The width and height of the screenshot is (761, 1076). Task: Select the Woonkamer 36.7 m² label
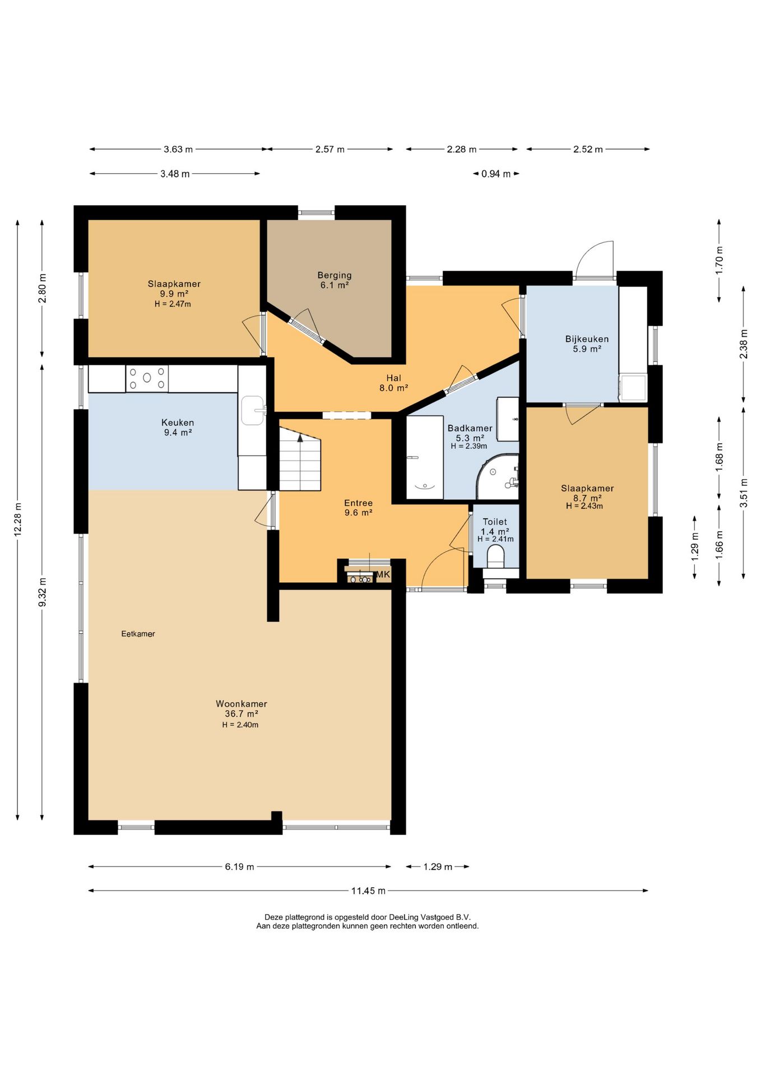pyautogui.click(x=241, y=709)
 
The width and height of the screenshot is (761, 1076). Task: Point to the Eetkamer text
pyautogui.click(x=138, y=634)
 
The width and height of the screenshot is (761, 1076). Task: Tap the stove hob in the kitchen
pyautogui.click(x=147, y=378)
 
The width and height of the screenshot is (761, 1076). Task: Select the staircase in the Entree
pyautogui.click(x=300, y=458)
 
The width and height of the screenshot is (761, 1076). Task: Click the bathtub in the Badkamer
pyautogui.click(x=425, y=457)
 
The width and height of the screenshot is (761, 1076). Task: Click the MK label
pyautogui.click(x=383, y=574)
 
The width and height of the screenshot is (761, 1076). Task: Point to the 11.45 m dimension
pyautogui.click(x=368, y=891)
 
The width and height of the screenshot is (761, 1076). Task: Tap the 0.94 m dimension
pyautogui.click(x=496, y=174)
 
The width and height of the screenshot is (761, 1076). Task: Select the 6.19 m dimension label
pyautogui.click(x=240, y=866)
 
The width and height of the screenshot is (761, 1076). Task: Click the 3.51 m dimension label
pyautogui.click(x=744, y=493)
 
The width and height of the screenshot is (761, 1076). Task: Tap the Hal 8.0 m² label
pyautogui.click(x=393, y=383)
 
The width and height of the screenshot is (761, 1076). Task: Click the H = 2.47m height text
pyautogui.click(x=173, y=304)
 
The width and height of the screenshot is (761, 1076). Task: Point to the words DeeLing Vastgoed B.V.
pyautogui.click(x=430, y=917)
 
